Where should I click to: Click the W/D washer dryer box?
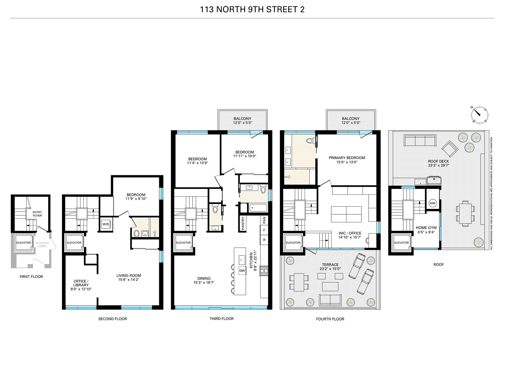click(105, 224)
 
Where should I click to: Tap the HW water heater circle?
click(433, 203)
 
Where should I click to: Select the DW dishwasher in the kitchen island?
click(242, 271)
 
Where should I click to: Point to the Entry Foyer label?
click(37, 214)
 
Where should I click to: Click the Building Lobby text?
click(42, 245)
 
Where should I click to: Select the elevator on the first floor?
click(24, 243)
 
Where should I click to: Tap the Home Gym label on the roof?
click(426, 228)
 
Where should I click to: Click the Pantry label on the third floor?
click(243, 223)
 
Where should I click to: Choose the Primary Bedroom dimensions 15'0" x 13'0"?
click(347, 162)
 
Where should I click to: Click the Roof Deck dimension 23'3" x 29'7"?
click(438, 166)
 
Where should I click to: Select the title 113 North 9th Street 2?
click(252, 9)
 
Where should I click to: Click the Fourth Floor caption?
click(330, 319)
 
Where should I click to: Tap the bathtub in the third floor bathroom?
click(258, 208)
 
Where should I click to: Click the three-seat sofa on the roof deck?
click(420, 140)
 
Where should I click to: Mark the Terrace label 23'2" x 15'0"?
click(330, 267)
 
